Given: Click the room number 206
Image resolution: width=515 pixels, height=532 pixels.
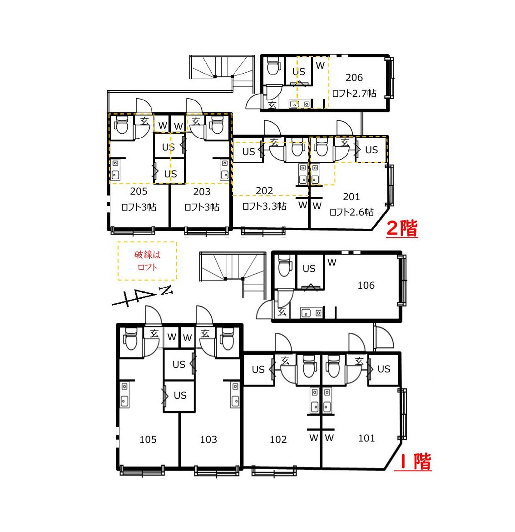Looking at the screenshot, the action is (354, 78).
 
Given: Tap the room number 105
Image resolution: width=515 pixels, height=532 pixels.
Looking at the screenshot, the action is (148, 439).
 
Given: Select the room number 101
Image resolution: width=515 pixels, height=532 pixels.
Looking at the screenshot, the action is (366, 438).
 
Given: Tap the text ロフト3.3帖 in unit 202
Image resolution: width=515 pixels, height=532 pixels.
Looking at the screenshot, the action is (264, 206).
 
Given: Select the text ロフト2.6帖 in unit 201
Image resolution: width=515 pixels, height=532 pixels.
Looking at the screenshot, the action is (352, 212).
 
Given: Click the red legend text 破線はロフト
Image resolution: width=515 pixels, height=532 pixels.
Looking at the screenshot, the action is (148, 261).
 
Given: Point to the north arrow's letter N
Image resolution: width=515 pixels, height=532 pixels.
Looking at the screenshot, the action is (166, 291).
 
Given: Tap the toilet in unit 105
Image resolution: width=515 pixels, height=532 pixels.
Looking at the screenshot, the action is (130, 339).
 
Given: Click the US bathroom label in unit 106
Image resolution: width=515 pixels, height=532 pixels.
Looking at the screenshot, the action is (309, 269).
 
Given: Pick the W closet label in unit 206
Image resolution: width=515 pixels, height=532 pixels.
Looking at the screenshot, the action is (320, 65).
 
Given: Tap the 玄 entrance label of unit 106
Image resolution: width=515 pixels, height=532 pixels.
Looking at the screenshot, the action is (282, 311).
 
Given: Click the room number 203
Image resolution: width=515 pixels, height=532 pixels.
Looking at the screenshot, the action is (202, 192).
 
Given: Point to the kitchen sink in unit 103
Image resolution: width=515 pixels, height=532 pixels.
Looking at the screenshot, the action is (236, 395).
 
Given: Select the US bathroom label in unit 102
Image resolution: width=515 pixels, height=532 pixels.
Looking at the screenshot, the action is (258, 370).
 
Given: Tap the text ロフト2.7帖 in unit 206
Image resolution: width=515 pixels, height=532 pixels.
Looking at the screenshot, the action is (354, 93).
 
